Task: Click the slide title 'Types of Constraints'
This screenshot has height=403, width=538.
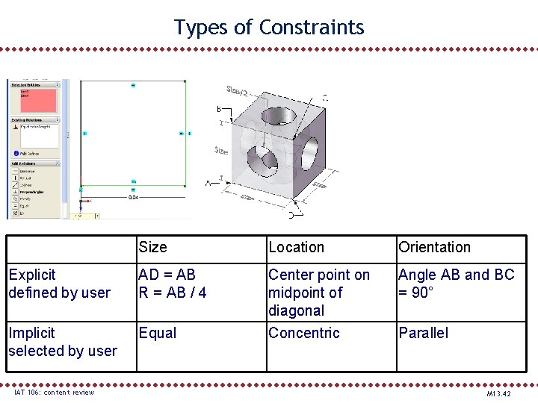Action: click(269, 28)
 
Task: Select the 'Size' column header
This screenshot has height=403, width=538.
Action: click(152, 247)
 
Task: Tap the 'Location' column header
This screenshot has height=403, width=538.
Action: click(296, 247)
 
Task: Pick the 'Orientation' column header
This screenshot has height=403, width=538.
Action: click(434, 247)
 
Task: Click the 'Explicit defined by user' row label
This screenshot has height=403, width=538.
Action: click(60, 284)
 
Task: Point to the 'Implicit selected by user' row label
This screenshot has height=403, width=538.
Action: click(63, 342)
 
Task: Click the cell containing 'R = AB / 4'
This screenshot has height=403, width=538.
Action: click(172, 293)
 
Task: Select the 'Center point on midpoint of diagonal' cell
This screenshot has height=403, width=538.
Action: click(319, 293)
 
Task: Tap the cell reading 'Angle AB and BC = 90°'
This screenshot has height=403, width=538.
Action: click(456, 284)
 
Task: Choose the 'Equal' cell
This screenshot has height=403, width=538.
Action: click(158, 333)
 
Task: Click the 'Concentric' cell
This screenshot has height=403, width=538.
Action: click(303, 333)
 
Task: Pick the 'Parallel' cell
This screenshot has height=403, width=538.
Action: click(423, 333)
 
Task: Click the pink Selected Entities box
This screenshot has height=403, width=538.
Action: click(34, 101)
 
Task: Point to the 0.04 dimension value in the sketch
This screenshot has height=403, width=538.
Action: click(133, 197)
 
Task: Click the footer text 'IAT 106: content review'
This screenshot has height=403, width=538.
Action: click(54, 393)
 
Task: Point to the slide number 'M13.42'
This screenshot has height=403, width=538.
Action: click(498, 393)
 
